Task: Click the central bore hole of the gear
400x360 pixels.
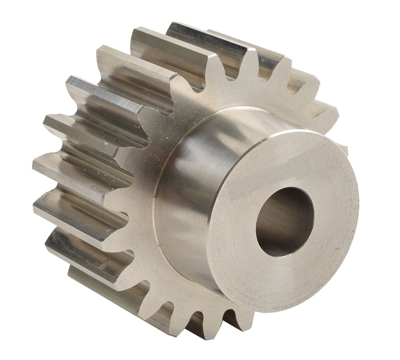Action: [x=285, y=221]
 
